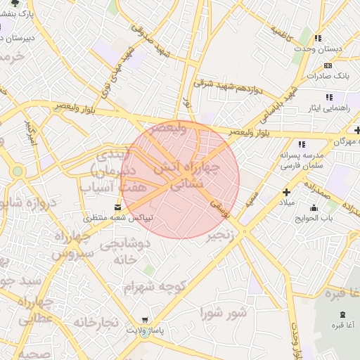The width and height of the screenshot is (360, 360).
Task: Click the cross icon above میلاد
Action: tap(286, 192)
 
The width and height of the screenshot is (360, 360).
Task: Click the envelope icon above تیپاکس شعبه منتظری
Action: tap(117, 207)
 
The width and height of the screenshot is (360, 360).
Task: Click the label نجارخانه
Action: tap(95, 322)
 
